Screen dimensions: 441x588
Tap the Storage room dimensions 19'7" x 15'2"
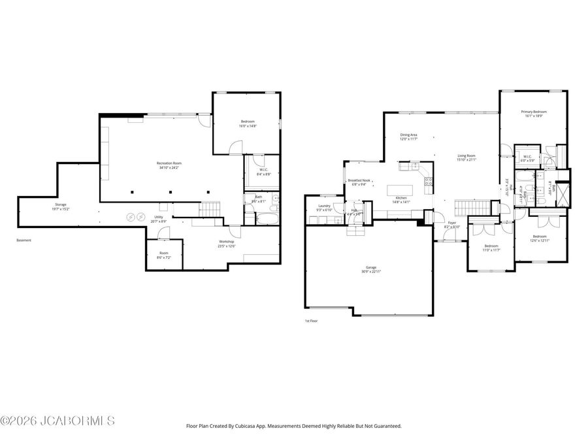60,209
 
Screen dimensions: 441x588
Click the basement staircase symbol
210,209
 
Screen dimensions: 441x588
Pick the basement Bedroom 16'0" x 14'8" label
248,122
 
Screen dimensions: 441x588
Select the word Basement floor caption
24,240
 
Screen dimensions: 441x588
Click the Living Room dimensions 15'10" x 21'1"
466,159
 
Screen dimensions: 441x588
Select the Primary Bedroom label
533,112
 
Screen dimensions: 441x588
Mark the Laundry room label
324,206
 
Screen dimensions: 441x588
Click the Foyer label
451,223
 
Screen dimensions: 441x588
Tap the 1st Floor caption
311,321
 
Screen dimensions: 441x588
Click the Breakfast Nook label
360,180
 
